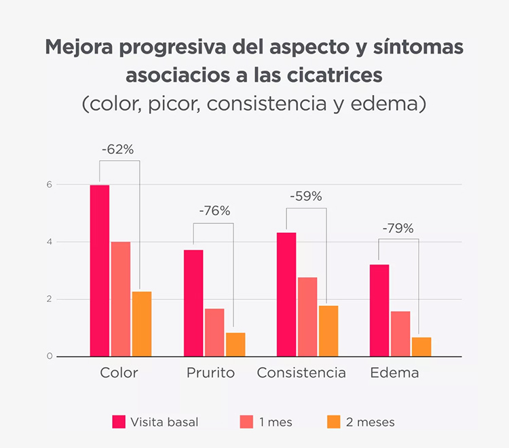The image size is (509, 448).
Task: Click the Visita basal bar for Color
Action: click(100, 270)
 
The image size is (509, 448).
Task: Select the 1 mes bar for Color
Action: click(121, 299)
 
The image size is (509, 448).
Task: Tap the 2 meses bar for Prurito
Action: click(235, 344)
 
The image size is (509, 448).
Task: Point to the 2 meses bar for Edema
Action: click(421, 346)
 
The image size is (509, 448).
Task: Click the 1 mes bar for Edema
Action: click(400, 333)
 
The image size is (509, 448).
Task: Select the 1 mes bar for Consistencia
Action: click(307, 316)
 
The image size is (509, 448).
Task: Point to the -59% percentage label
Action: click(305, 197)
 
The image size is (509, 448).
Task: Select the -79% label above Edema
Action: click(398, 228)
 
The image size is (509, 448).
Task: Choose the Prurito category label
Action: click(210, 373)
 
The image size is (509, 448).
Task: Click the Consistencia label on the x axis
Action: click(301, 373)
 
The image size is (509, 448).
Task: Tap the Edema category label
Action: click(394, 373)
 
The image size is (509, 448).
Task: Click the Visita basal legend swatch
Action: click(119, 422)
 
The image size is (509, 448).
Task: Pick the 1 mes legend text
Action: click(276, 422)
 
